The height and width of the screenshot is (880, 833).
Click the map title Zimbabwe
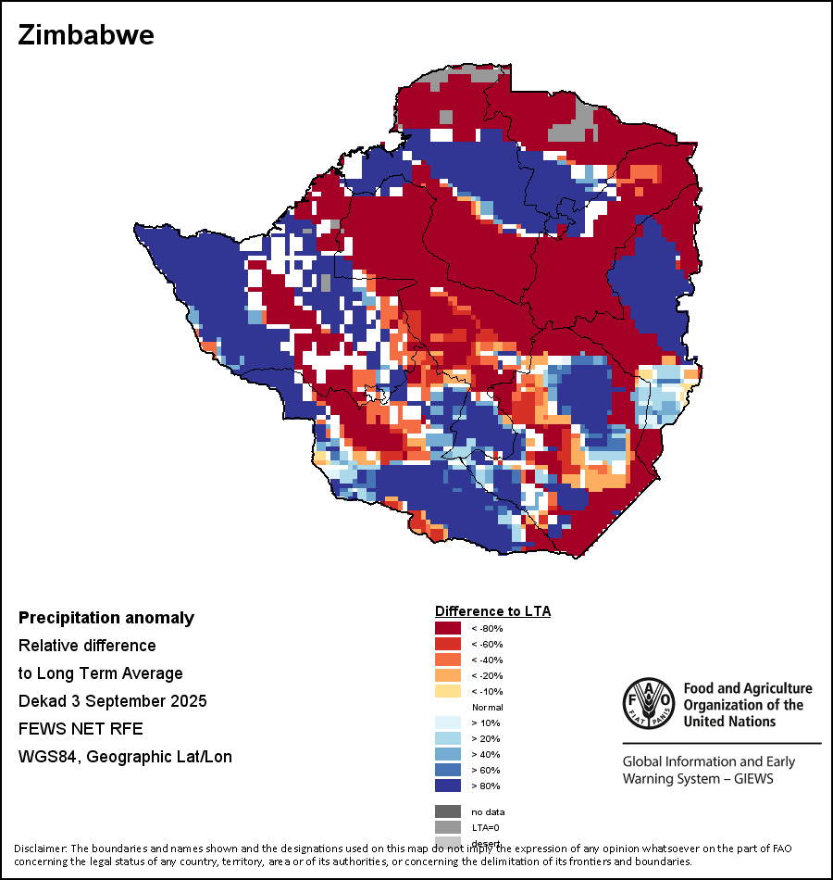click(86, 36)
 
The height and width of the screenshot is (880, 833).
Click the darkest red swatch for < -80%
click(448, 628)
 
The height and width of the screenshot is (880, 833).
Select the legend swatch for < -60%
click(448, 644)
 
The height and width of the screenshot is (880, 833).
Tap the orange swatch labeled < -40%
click(448, 660)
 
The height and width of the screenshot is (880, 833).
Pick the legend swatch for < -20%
click(448, 675)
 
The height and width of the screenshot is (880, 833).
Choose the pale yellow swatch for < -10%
click(448, 691)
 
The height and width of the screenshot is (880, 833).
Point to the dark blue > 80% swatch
click(448, 786)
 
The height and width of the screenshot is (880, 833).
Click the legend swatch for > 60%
click(448, 770)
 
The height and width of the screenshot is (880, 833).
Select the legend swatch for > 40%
click(448, 754)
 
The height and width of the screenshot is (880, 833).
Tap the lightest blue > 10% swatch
click(448, 723)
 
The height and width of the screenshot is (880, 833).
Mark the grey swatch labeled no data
click(448, 811)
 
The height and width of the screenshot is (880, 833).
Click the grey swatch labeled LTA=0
click(448, 827)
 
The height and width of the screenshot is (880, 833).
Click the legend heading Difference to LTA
click(492, 611)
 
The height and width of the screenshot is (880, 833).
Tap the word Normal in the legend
click(487, 707)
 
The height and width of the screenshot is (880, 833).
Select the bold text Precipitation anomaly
click(106, 618)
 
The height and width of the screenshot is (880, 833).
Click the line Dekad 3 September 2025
click(112, 701)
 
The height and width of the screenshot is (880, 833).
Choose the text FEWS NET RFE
click(81, 729)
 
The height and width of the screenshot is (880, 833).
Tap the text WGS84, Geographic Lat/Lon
click(125, 757)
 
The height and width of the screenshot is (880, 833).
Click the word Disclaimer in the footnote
click(40, 849)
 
